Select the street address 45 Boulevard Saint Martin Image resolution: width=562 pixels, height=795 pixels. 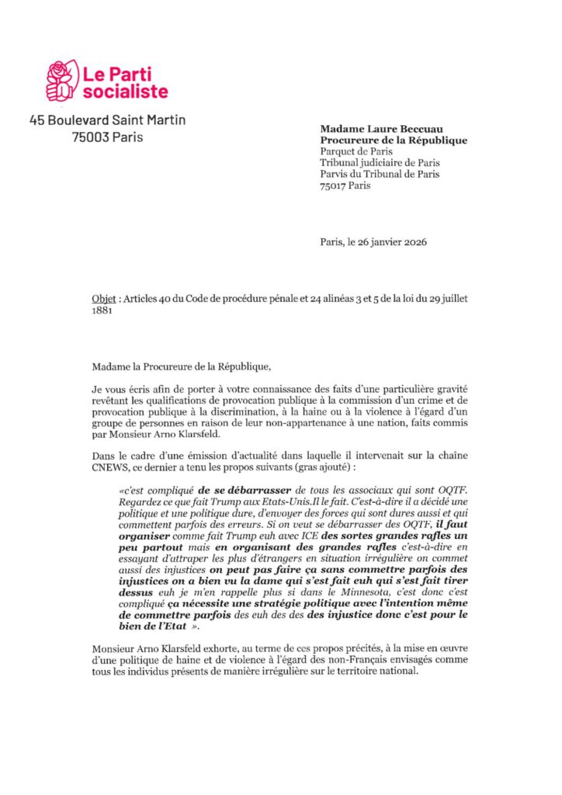tap(107, 120)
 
